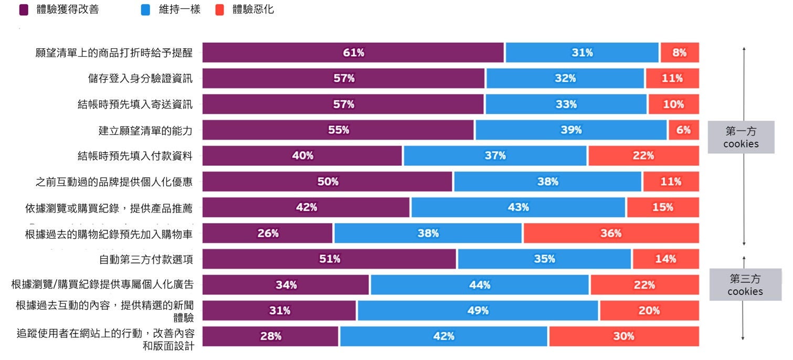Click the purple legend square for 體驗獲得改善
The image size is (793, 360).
tap(24, 9)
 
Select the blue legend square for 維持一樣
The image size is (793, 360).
tap(146, 9)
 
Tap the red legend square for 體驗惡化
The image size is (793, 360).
tap(220, 9)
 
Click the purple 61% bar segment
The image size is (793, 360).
tap(353, 52)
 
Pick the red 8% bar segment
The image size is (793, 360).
tap(680, 52)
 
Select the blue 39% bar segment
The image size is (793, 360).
tap(571, 130)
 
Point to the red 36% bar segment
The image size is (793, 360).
tap(611, 233)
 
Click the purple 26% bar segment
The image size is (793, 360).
tap(268, 233)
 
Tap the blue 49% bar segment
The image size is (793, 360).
tap(478, 310)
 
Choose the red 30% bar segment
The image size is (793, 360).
tap(623, 336)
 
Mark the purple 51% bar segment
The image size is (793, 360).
tap(330, 259)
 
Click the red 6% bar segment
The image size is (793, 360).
tap(683, 130)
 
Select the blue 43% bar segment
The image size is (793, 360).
tap(518, 207)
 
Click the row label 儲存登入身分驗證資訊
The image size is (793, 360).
tap(140, 79)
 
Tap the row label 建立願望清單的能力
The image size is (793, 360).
tap(145, 130)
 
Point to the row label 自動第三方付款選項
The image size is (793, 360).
tap(145, 259)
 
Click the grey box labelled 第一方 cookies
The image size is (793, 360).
tap(741, 137)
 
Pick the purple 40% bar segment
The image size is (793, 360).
tap(302, 155)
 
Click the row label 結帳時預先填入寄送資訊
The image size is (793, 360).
tap(135, 104)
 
